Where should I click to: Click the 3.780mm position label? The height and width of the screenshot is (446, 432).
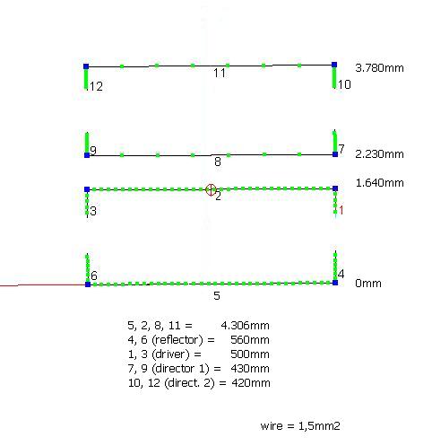(379, 68)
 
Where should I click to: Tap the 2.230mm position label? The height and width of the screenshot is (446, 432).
(379, 154)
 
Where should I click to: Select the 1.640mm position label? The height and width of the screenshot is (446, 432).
(379, 183)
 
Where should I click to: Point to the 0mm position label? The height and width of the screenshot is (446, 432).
(368, 284)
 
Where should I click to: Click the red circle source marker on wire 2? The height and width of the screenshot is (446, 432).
(211, 189)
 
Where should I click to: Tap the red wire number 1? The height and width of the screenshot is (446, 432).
(341, 210)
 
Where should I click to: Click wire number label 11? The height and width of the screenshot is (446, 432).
(220, 74)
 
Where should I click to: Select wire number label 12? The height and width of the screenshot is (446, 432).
(96, 86)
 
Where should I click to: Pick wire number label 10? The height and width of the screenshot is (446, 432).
(344, 84)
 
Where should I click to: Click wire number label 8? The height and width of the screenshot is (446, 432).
(218, 162)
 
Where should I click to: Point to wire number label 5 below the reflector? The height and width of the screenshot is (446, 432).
(217, 296)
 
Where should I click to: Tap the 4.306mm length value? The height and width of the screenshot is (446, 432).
(245, 325)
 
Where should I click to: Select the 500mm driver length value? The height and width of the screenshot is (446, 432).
(250, 354)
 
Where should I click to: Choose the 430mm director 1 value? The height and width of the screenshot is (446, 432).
(250, 369)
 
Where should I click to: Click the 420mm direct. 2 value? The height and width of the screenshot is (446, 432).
(251, 383)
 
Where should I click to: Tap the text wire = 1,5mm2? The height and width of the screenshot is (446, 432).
(300, 426)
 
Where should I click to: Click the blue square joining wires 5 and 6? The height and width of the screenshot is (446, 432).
(88, 284)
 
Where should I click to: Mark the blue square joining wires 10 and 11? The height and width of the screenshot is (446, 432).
(334, 65)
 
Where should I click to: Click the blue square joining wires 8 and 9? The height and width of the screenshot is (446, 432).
(87, 155)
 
